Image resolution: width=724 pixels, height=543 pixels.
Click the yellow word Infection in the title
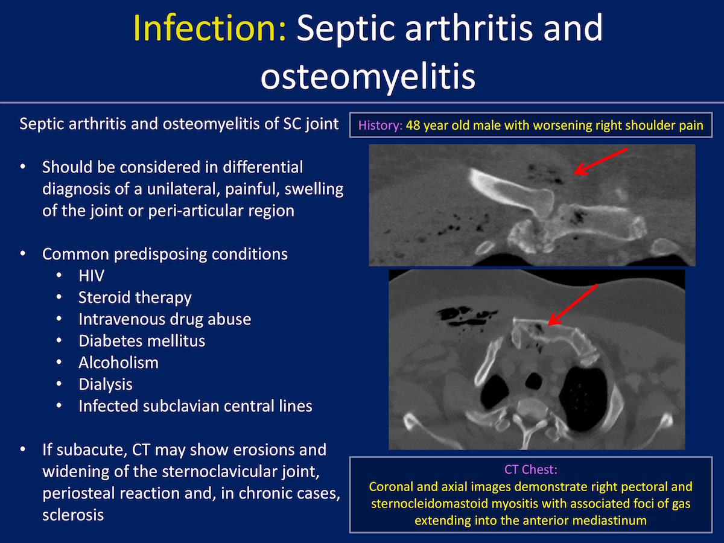[209, 28]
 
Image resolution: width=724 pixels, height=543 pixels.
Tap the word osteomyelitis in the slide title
[368, 77]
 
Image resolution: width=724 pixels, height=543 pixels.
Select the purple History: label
[380, 125]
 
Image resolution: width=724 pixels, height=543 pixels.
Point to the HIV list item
[91, 276]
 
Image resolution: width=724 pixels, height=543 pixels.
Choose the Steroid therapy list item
[135, 297]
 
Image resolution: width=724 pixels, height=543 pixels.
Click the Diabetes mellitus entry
[142, 340]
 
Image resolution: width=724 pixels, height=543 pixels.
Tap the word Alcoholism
[118, 363]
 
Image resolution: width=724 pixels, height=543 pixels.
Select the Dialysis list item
[106, 385]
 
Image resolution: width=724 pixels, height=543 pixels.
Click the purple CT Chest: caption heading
[531, 469]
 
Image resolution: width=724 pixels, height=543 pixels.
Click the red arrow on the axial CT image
[573, 305]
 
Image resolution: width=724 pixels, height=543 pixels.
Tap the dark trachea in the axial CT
[533, 381]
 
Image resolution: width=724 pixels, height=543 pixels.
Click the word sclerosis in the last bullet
[73, 515]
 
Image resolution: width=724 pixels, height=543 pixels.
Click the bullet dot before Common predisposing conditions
[23, 254]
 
